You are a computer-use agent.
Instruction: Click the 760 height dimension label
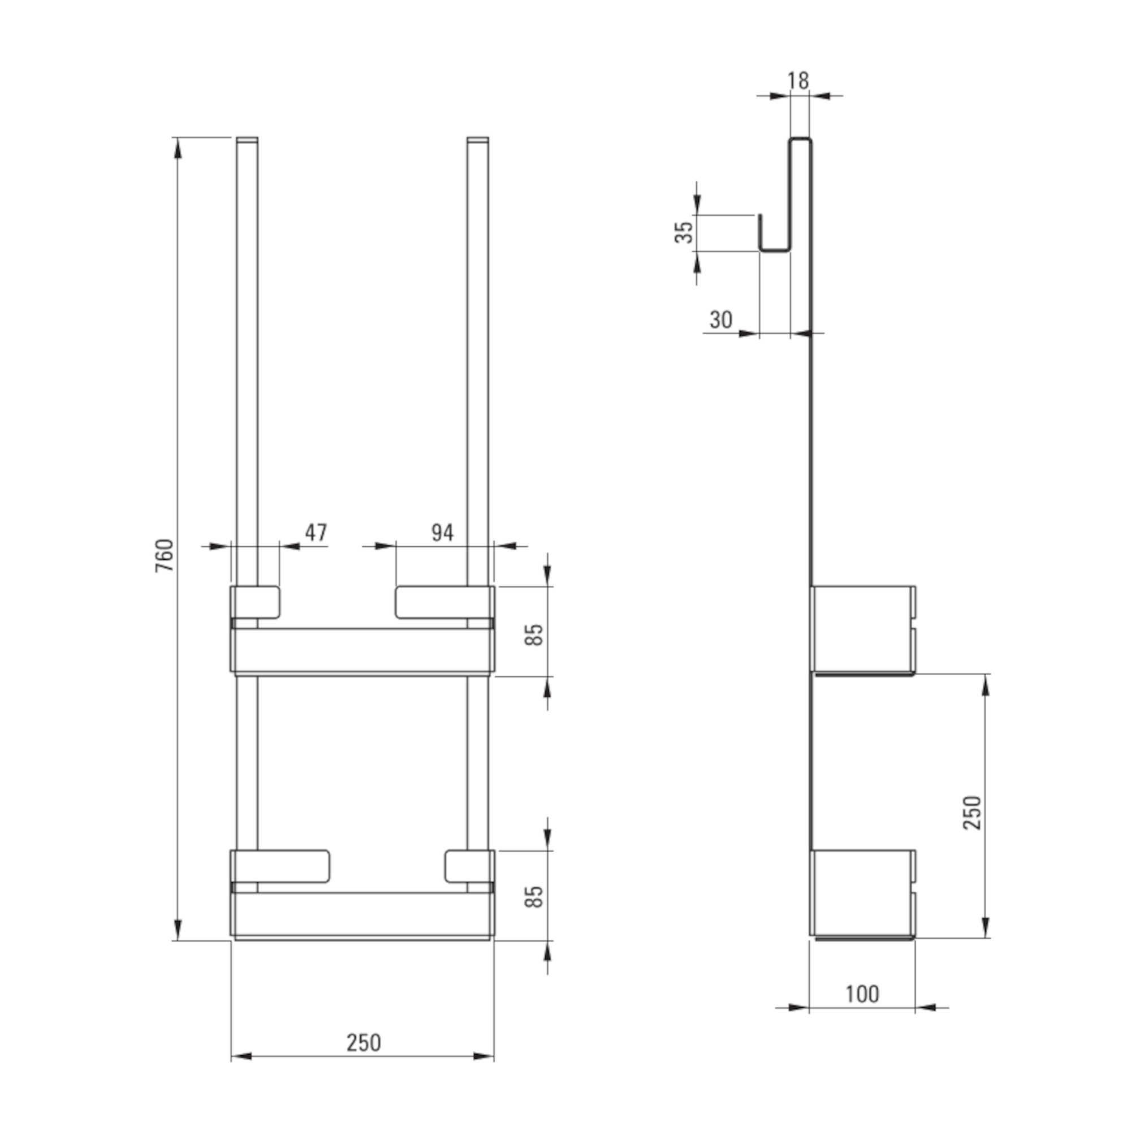165,555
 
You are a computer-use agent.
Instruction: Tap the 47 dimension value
316,532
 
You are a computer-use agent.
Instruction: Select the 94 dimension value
443,532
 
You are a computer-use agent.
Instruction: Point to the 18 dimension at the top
798,80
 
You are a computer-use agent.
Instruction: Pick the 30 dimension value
720,320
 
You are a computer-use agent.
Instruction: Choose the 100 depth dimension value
862,994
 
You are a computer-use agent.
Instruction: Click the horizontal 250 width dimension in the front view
364,1043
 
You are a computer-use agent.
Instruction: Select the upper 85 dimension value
534,635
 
